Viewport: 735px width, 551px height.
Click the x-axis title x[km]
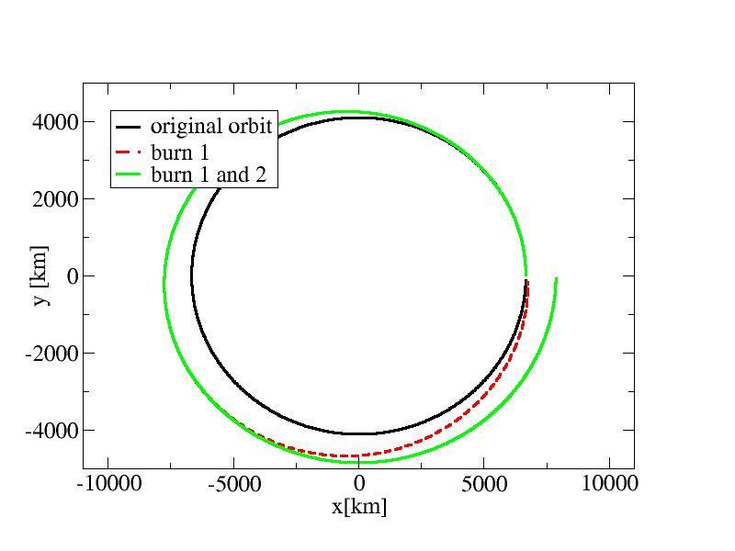(358, 506)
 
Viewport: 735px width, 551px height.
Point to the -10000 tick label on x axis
(108, 484)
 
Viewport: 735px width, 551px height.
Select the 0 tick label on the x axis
(359, 484)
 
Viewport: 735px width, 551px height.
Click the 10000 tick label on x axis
(609, 484)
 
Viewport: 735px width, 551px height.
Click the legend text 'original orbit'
(211, 127)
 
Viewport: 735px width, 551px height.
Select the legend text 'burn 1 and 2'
(208, 174)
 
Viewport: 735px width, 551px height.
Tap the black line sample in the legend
(129, 127)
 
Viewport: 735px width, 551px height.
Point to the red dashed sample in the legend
(129, 151)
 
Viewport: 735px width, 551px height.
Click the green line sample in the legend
(129, 174)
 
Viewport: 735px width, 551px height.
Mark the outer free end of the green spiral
(556, 278)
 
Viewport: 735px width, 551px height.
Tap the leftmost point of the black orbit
(191, 275)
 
